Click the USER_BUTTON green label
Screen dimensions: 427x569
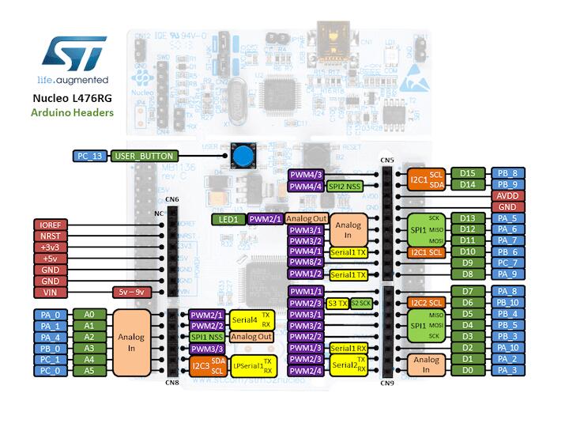coord(144,156)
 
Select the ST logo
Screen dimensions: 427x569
coord(73,54)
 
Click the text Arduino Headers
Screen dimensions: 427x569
coord(72,113)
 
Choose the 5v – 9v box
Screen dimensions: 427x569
coord(131,292)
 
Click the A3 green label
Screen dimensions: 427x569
coord(89,347)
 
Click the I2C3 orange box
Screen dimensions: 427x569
coord(200,365)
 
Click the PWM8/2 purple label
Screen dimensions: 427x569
coord(306,263)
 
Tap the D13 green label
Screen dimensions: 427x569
coord(468,218)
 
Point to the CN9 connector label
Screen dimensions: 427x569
coord(387,384)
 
